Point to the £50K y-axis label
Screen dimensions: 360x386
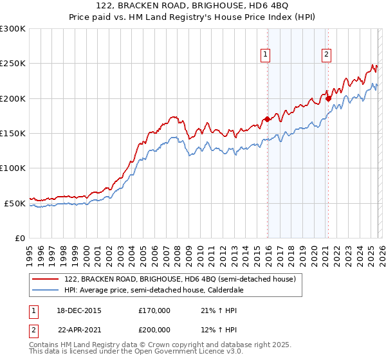point(15,203)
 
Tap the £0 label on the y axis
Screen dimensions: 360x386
point(20,238)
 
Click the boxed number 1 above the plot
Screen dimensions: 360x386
point(265,55)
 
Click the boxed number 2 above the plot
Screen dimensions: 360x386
point(326,55)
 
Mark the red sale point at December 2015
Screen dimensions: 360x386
point(268,119)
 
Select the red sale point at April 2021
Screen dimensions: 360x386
point(328,98)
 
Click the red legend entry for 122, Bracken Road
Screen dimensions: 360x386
point(179,280)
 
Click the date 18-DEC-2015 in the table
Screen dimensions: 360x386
point(75,310)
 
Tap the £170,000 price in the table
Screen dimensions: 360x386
point(154,310)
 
